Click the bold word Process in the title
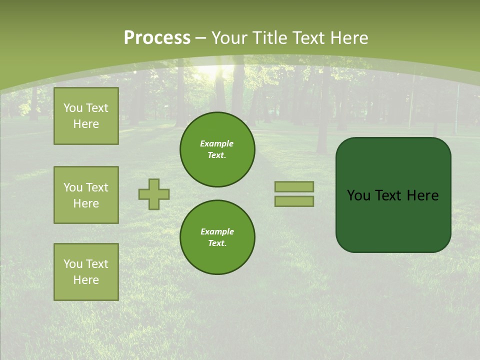click(x=157, y=38)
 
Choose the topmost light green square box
click(x=86, y=116)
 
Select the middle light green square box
click(x=86, y=195)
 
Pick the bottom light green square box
click(x=86, y=271)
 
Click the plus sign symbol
click(x=154, y=194)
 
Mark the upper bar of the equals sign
click(x=294, y=186)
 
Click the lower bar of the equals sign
click(x=294, y=201)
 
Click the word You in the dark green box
click(x=359, y=195)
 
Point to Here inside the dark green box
click(x=422, y=195)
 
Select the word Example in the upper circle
click(x=217, y=143)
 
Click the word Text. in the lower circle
click(x=217, y=243)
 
